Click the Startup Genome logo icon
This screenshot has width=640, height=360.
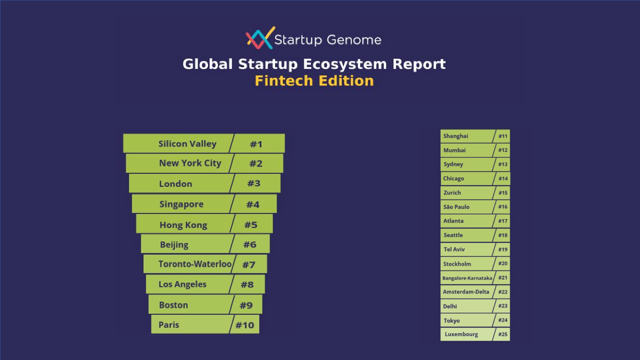coord(260,38)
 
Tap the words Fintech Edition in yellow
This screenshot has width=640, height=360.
coord(314,81)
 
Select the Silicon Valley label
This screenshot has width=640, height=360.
coord(187,144)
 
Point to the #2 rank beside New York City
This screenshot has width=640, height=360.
coord(256,163)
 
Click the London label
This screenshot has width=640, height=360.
coord(175,184)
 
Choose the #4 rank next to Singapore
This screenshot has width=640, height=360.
coord(253,204)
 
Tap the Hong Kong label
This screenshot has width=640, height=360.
coord(183,225)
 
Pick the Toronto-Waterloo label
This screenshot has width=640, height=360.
coord(195,264)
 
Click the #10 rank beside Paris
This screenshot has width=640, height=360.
coord(245,325)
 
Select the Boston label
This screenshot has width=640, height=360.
coord(173,305)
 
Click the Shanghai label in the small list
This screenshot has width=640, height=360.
coord(455,136)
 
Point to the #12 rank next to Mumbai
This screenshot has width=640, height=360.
coord(503,150)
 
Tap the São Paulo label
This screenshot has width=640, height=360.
coord(456,207)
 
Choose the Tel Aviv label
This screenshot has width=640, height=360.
coord(454,249)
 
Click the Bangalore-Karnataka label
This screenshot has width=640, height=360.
coord(467,278)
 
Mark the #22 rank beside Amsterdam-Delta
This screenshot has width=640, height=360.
coord(503,292)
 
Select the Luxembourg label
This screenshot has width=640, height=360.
coord(461,334)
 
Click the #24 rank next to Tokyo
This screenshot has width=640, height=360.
coord(503,320)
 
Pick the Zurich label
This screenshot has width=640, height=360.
coord(452,192)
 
